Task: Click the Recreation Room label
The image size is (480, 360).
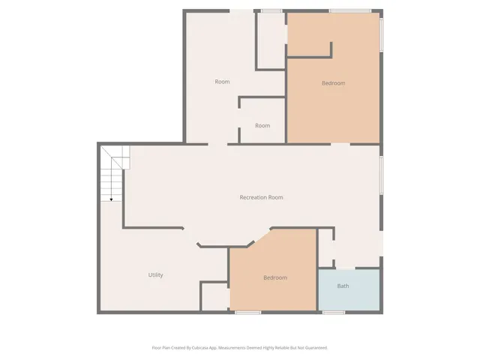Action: [x=261, y=197]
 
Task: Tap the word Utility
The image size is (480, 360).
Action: [x=155, y=275]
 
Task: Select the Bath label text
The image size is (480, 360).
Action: [x=343, y=286]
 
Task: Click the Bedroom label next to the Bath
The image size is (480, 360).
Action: [x=274, y=278]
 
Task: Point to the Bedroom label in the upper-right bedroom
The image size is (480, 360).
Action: [x=333, y=83]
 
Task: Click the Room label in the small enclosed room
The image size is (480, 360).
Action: [x=262, y=125]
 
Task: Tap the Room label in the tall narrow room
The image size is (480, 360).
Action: [x=222, y=82]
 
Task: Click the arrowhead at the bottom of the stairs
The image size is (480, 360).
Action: [x=111, y=199]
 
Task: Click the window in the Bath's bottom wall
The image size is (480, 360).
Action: [x=333, y=312]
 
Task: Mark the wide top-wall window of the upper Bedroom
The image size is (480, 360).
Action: [x=349, y=10]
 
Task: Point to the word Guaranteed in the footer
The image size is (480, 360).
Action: [x=314, y=348]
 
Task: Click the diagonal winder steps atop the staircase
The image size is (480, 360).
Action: [x=115, y=158]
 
